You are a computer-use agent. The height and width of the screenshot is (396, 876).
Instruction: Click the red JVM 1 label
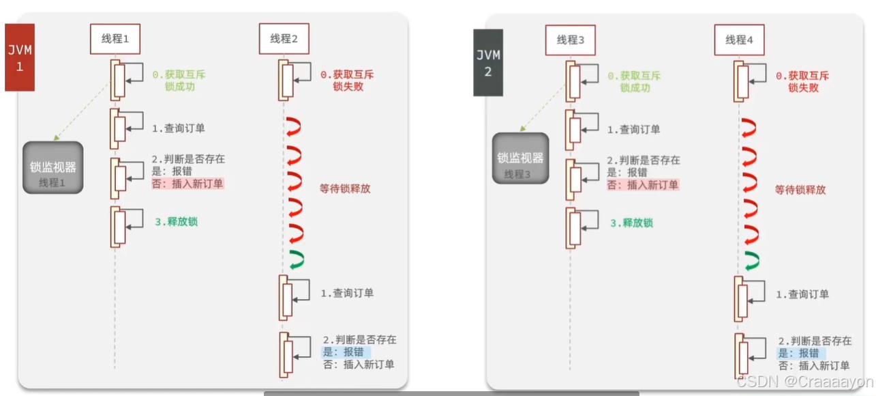(19, 57)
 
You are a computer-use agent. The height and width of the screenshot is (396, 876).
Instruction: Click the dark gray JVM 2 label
(488, 62)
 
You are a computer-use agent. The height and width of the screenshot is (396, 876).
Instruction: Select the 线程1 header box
(115, 40)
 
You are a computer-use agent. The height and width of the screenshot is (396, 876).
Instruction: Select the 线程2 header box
(284, 40)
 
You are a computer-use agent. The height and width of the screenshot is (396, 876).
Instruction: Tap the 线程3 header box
(571, 40)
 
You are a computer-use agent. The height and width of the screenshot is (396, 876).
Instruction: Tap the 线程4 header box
(740, 40)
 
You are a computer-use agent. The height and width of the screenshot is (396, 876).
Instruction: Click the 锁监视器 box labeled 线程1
(53, 168)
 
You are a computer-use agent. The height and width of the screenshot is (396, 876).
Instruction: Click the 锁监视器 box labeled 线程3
(520, 158)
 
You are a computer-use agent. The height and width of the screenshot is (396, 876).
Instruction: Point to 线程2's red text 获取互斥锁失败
(347, 81)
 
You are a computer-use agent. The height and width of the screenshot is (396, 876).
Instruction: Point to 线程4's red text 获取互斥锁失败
(803, 82)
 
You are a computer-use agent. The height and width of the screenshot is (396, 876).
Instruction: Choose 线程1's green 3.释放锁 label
(175, 222)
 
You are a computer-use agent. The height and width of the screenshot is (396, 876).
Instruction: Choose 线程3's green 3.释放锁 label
(631, 223)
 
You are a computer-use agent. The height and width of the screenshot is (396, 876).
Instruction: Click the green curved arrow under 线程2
(296, 259)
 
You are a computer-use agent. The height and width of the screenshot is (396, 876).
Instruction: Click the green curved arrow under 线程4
(751, 260)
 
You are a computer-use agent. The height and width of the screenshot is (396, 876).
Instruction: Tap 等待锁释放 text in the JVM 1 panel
(345, 188)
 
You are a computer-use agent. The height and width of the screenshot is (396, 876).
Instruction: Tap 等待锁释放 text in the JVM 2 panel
(800, 190)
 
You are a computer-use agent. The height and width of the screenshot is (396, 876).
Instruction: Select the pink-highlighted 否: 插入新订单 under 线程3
(643, 185)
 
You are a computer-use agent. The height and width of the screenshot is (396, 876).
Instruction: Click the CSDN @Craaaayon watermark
(804, 382)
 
